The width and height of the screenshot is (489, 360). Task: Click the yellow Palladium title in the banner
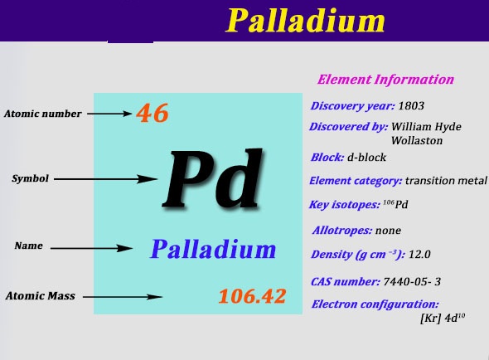click(x=305, y=21)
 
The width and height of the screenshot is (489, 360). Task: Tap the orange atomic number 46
click(x=153, y=113)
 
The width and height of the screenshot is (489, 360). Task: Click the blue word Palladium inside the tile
click(x=213, y=249)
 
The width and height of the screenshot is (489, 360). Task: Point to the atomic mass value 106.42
click(x=252, y=296)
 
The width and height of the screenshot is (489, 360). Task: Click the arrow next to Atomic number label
click(x=109, y=114)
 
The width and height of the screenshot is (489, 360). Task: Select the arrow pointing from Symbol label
click(x=105, y=179)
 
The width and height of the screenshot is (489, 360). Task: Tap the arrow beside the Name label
click(x=92, y=249)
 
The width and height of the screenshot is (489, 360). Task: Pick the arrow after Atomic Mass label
click(x=123, y=297)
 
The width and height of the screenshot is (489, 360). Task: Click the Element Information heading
click(x=385, y=80)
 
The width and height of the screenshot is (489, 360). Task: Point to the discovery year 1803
click(x=411, y=106)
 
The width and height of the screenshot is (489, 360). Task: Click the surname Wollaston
click(x=417, y=140)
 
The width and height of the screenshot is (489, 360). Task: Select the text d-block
click(x=366, y=157)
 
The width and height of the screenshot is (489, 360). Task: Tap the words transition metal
click(x=446, y=181)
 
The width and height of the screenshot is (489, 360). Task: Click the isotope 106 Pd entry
click(x=395, y=204)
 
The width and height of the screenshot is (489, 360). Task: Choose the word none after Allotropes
click(x=388, y=231)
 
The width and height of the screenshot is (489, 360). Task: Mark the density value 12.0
click(x=419, y=254)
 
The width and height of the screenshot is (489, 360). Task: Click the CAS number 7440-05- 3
click(x=412, y=282)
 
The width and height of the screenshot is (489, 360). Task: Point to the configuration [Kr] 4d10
click(x=443, y=319)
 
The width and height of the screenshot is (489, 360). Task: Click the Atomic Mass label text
click(x=41, y=295)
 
